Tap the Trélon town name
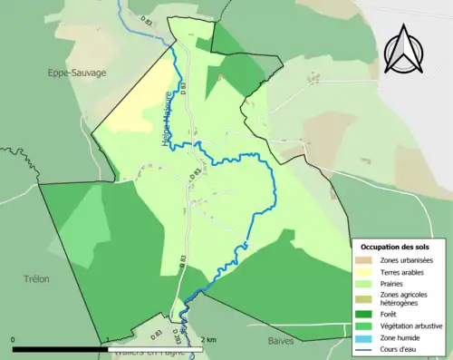(x=36, y=279)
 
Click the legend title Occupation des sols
(x=396, y=247)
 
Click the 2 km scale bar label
(x=208, y=340)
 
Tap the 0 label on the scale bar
(x=14, y=340)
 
